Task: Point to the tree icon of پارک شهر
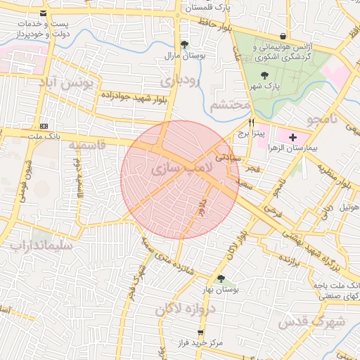pos(264,75)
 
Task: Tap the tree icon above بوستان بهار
pos(221,278)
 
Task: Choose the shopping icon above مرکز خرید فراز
pos(200,332)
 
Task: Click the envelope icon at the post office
pos(44,13)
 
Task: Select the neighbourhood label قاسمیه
pos(86,145)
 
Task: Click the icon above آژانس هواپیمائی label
pos(283,36)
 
